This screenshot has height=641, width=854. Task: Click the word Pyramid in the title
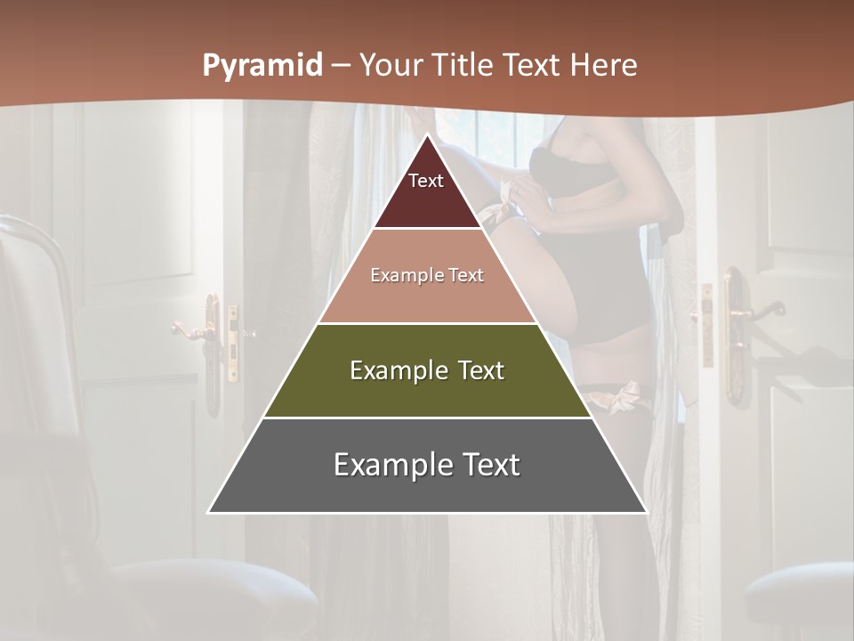(262, 66)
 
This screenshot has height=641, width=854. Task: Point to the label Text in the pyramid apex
(426, 181)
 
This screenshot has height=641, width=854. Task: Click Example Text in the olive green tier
(427, 370)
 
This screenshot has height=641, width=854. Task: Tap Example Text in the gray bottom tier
(427, 465)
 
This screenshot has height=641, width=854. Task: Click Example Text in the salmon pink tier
(427, 275)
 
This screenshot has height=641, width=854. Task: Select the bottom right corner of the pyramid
(646, 512)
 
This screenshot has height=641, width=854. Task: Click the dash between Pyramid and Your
(340, 66)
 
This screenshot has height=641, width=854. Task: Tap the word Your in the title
(390, 65)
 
